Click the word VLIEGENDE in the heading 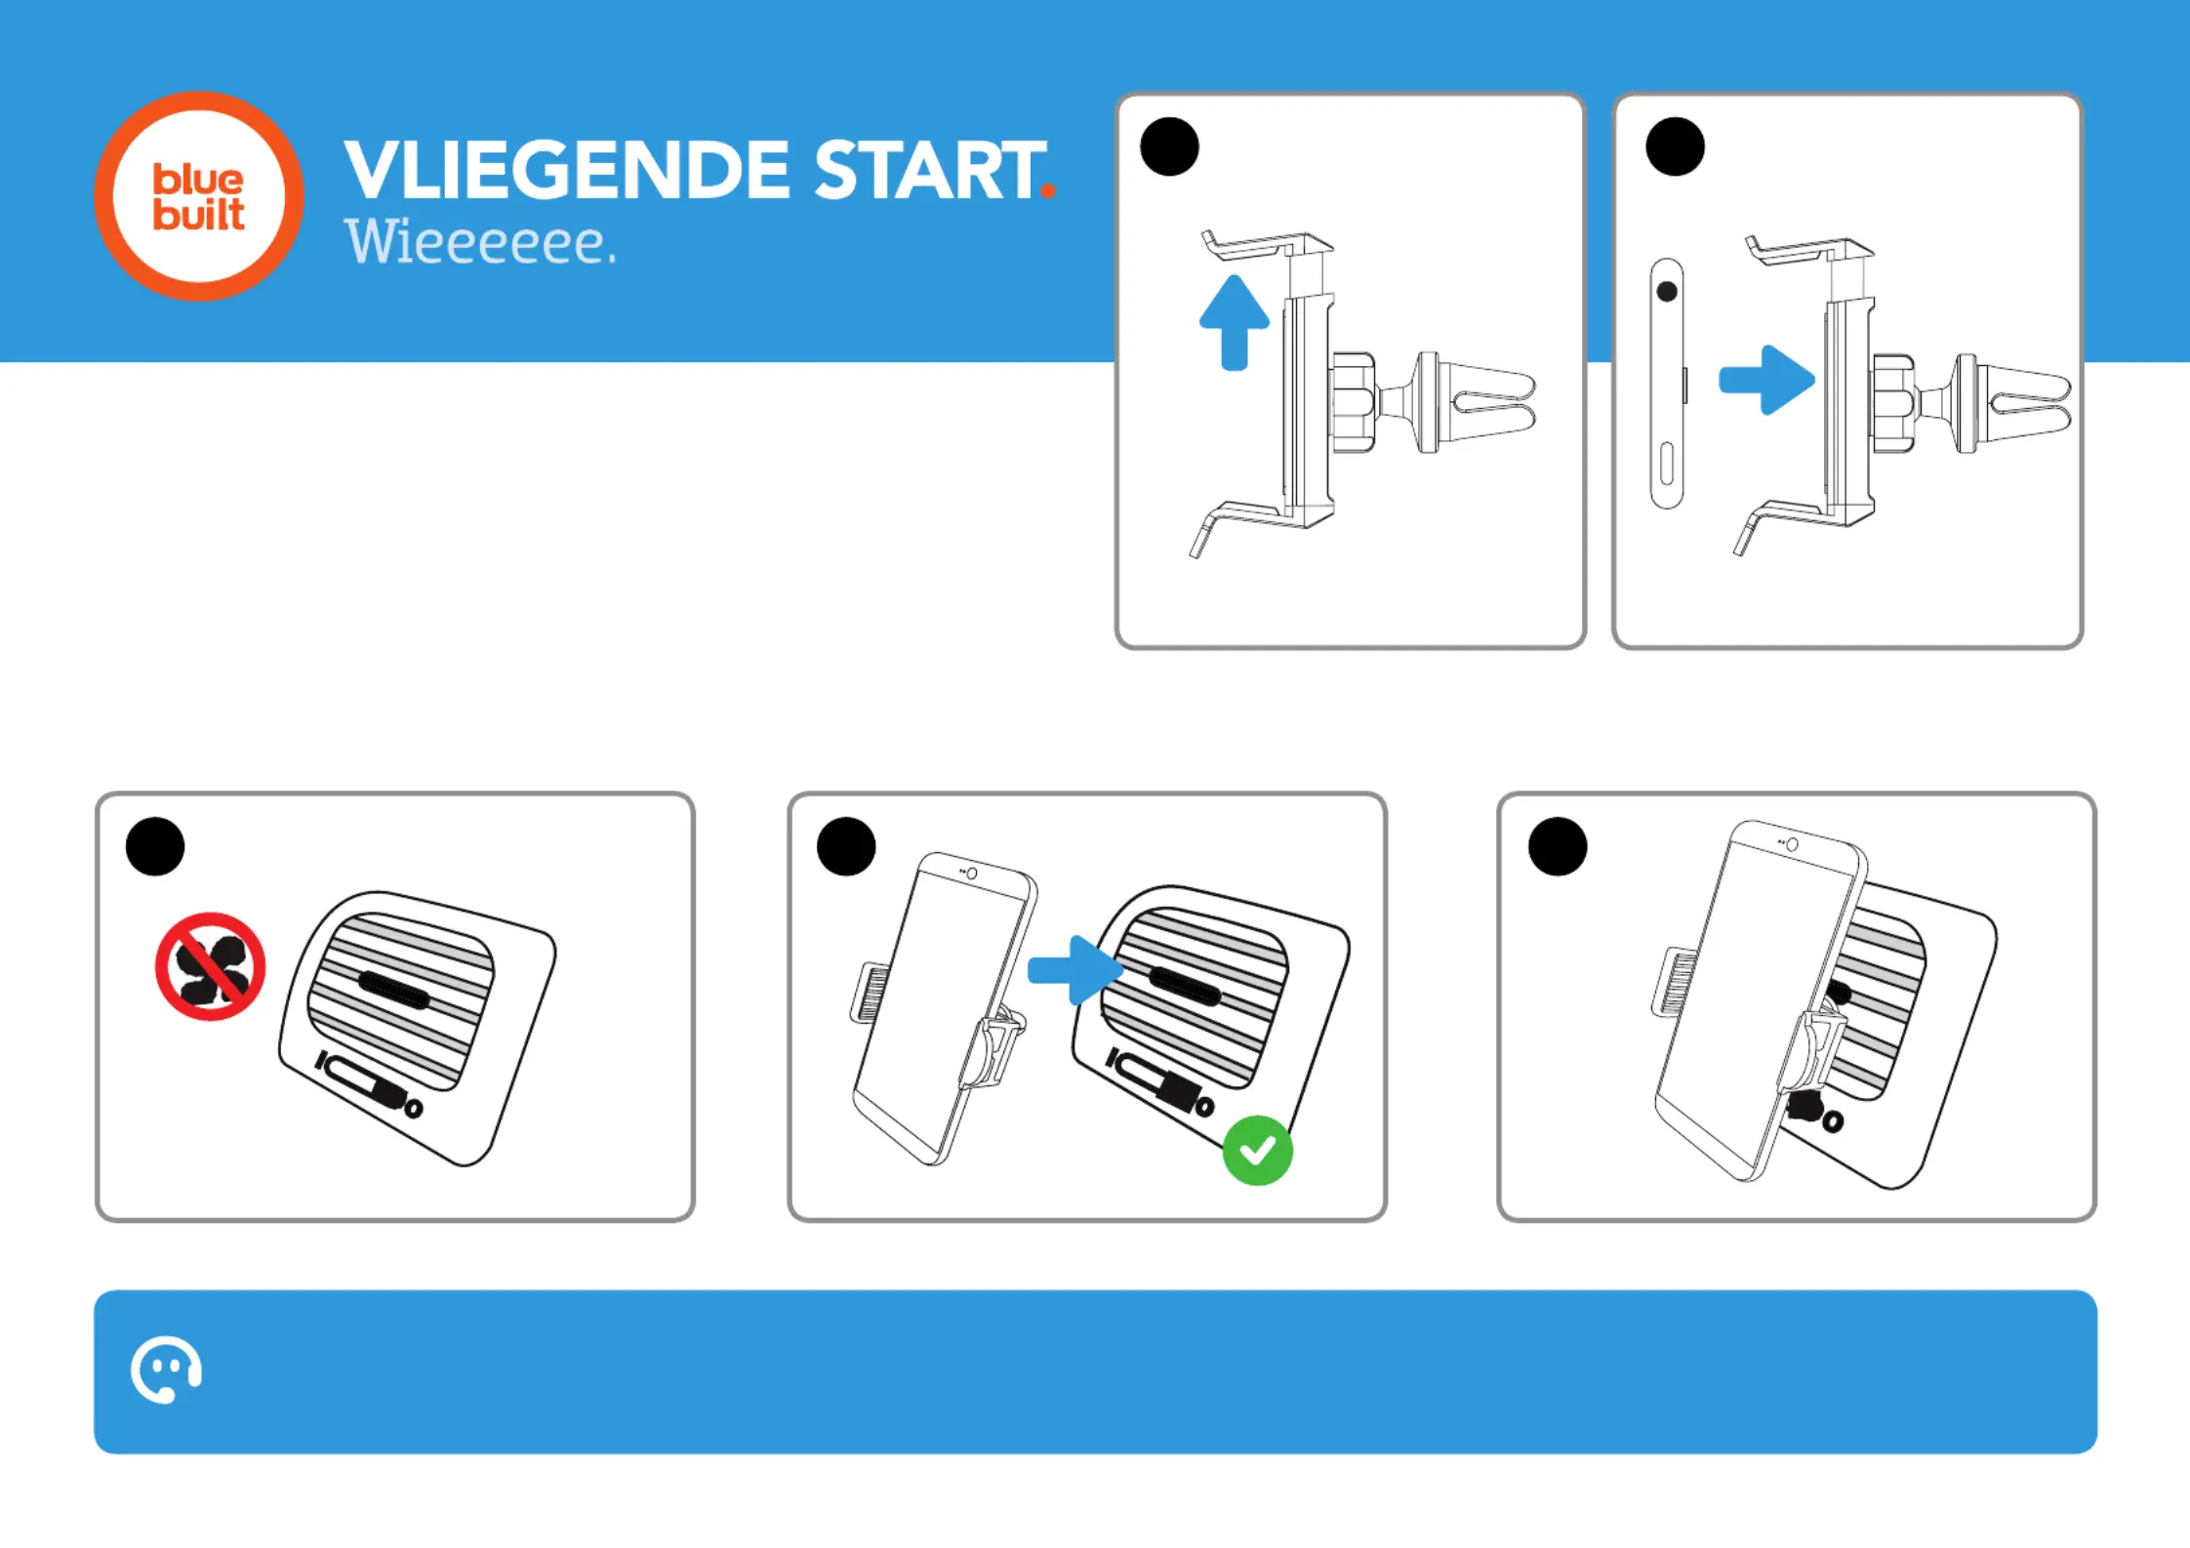(x=567, y=170)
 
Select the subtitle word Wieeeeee (x=480, y=243)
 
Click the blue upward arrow (x=1235, y=322)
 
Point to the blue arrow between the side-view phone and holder (x=1766, y=380)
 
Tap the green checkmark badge (x=1258, y=1151)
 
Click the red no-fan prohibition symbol (x=211, y=966)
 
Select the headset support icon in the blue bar (x=166, y=1369)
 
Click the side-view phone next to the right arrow (x=1668, y=384)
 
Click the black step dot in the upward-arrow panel (x=1169, y=146)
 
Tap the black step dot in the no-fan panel (x=155, y=846)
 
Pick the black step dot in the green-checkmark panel (x=846, y=846)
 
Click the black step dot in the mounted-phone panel (x=1558, y=846)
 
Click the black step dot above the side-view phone (x=1675, y=146)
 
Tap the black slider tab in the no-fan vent (x=393, y=992)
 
